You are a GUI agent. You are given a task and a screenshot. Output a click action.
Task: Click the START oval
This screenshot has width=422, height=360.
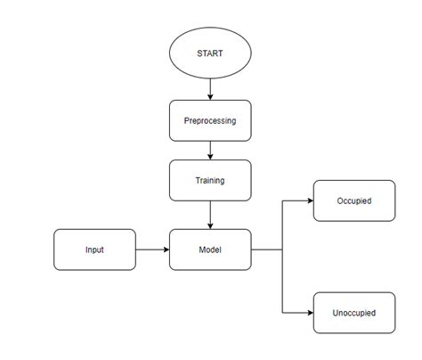pos(210,53)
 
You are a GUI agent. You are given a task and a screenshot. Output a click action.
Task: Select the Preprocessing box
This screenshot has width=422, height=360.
pos(210,120)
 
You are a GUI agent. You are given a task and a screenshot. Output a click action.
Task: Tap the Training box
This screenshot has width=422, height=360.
pos(210,180)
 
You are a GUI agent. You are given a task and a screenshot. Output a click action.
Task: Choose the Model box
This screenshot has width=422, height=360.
pos(210,250)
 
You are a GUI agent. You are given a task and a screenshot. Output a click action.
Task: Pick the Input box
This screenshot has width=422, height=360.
pos(94,250)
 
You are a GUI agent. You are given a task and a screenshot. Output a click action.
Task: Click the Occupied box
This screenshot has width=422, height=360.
pos(353,200)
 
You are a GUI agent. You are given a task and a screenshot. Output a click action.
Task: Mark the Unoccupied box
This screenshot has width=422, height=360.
pos(353,313)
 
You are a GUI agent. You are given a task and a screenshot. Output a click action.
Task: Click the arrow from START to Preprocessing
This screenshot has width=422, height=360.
pos(210,87)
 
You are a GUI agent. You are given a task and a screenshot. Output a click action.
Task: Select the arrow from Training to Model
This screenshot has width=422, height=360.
pos(210,215)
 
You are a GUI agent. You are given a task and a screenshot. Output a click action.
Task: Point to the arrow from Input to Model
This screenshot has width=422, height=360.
pos(152,250)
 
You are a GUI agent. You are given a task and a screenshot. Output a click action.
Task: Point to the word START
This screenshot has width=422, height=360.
pos(210,53)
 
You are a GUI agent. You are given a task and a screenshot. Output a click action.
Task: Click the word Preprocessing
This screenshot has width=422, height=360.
pos(210,120)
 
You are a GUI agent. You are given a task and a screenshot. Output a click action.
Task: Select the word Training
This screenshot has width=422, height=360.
pos(210,180)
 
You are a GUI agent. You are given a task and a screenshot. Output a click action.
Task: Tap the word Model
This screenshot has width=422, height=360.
pos(210,250)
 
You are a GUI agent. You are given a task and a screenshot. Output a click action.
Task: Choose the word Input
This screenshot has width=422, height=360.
pos(94,250)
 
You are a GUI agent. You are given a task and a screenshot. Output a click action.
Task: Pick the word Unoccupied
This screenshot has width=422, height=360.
pos(353,313)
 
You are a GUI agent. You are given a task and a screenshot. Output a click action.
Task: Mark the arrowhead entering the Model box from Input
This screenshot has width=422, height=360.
pos(165,250)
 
